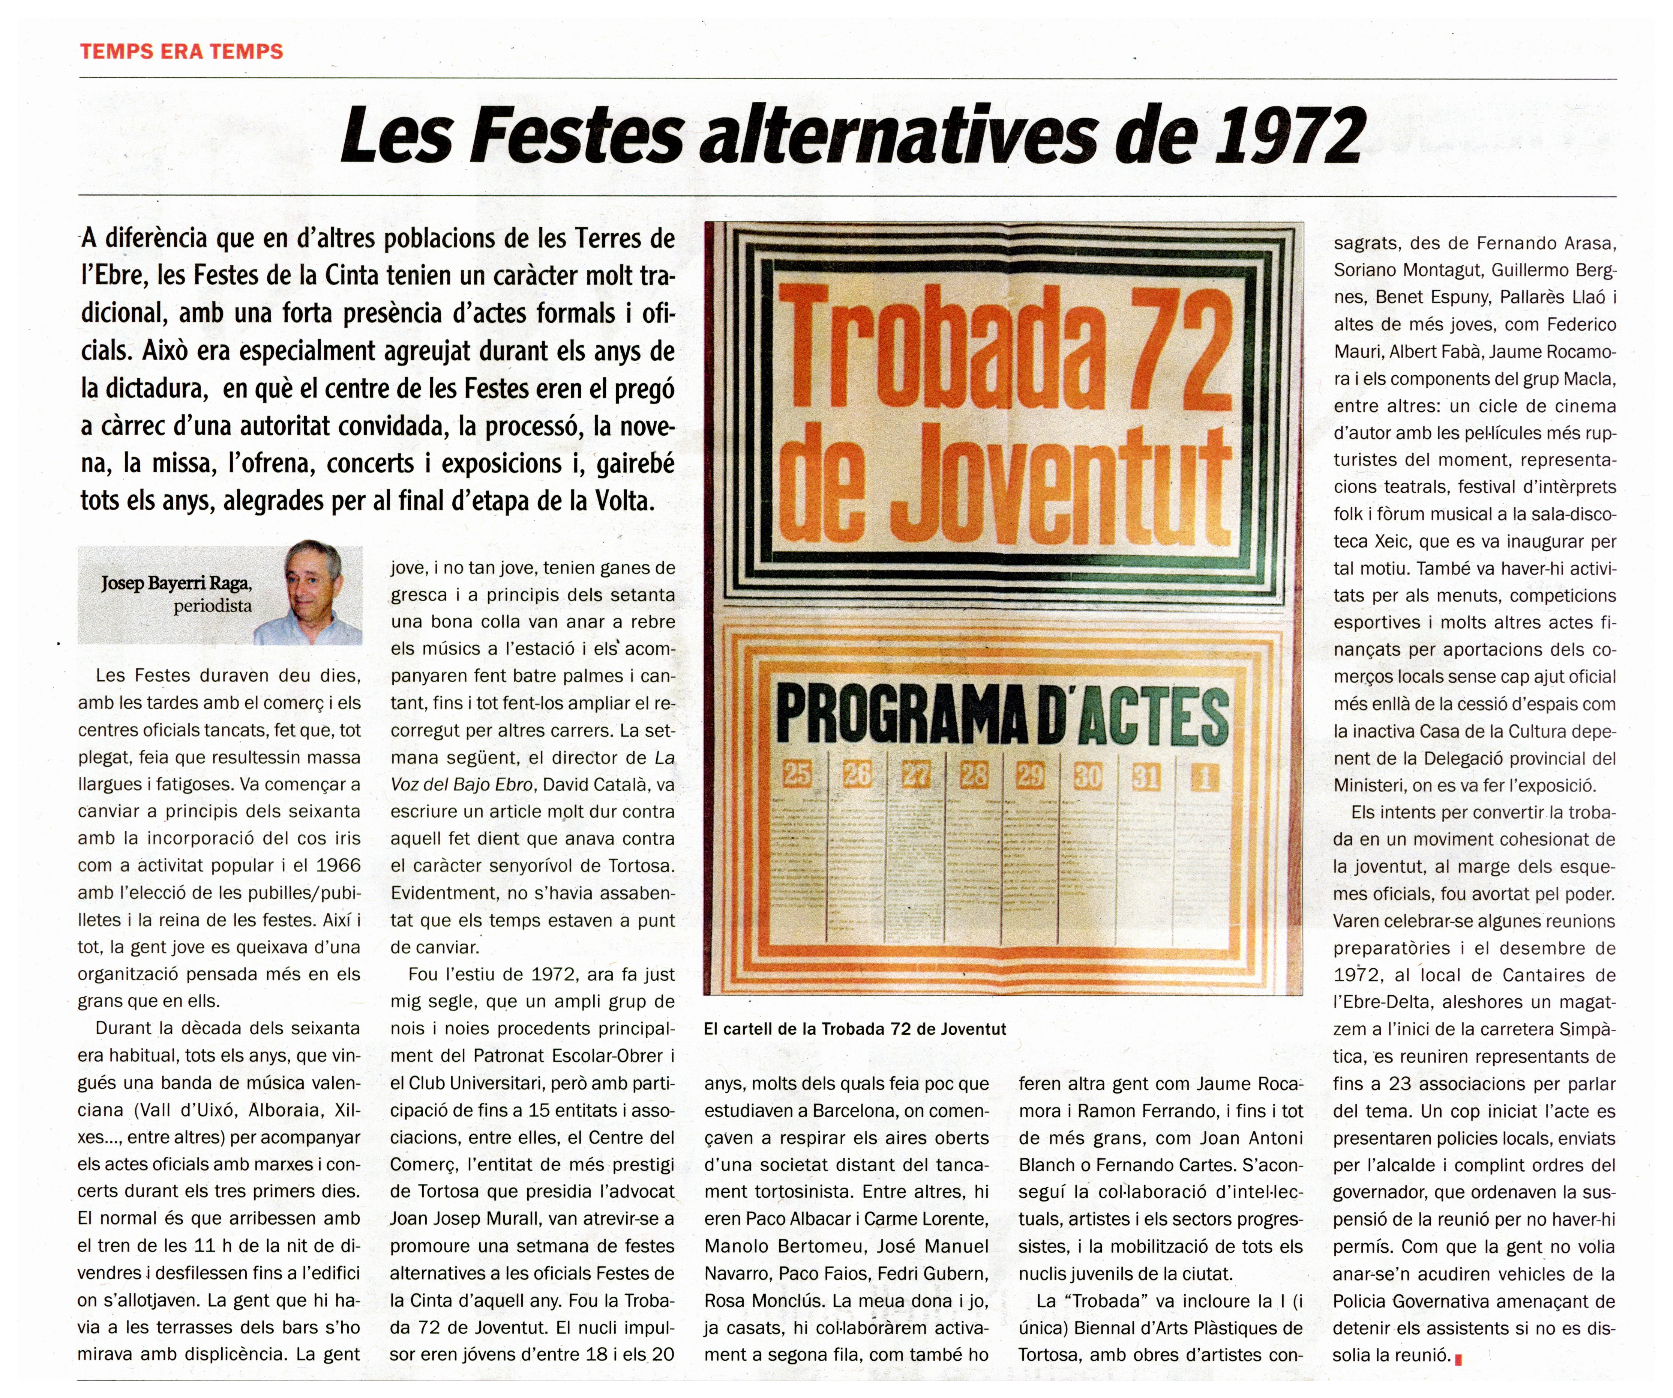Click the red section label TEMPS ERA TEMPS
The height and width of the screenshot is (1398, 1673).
182,52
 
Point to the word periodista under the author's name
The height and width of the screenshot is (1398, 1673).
213,606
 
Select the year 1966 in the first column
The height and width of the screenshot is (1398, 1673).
338,865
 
